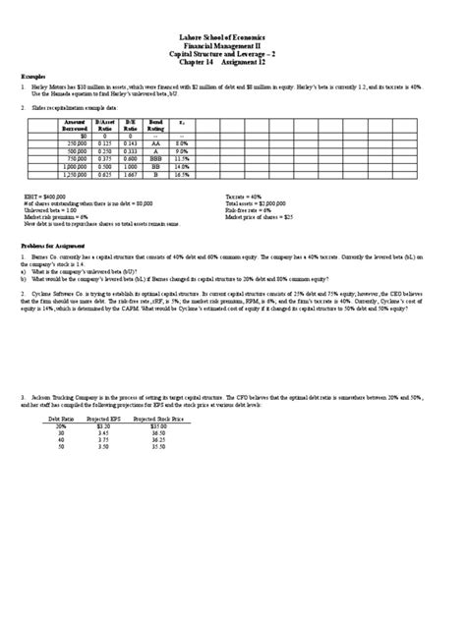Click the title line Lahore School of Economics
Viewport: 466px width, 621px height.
tap(232, 35)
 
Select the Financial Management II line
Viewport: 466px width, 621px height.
tap(232, 44)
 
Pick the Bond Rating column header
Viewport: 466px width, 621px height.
tap(152, 125)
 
